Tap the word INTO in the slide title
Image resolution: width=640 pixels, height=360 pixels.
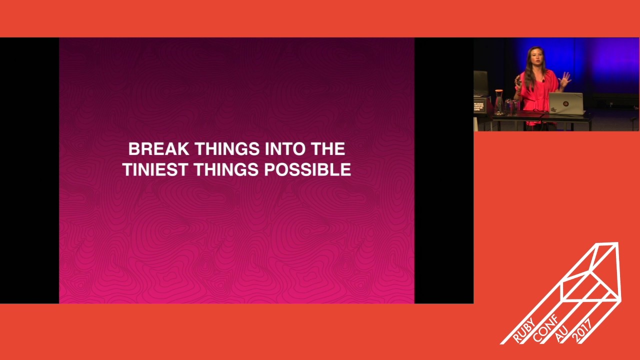[285, 149]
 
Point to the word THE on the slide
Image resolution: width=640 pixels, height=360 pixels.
[328, 149]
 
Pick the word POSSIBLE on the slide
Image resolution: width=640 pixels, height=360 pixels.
[307, 170]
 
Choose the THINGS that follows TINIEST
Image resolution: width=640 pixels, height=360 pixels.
[226, 170]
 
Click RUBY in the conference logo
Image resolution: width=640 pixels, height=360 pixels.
[523, 330]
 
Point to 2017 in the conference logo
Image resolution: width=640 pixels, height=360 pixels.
[582, 330]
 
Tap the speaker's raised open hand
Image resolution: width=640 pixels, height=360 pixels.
[565, 78]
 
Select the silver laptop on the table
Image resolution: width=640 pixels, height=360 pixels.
[565, 103]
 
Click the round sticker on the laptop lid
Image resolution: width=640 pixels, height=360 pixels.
[565, 103]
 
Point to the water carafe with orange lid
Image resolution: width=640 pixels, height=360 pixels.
[498, 102]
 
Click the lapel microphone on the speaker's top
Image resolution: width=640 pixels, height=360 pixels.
[543, 80]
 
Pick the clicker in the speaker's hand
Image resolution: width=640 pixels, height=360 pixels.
[518, 81]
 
